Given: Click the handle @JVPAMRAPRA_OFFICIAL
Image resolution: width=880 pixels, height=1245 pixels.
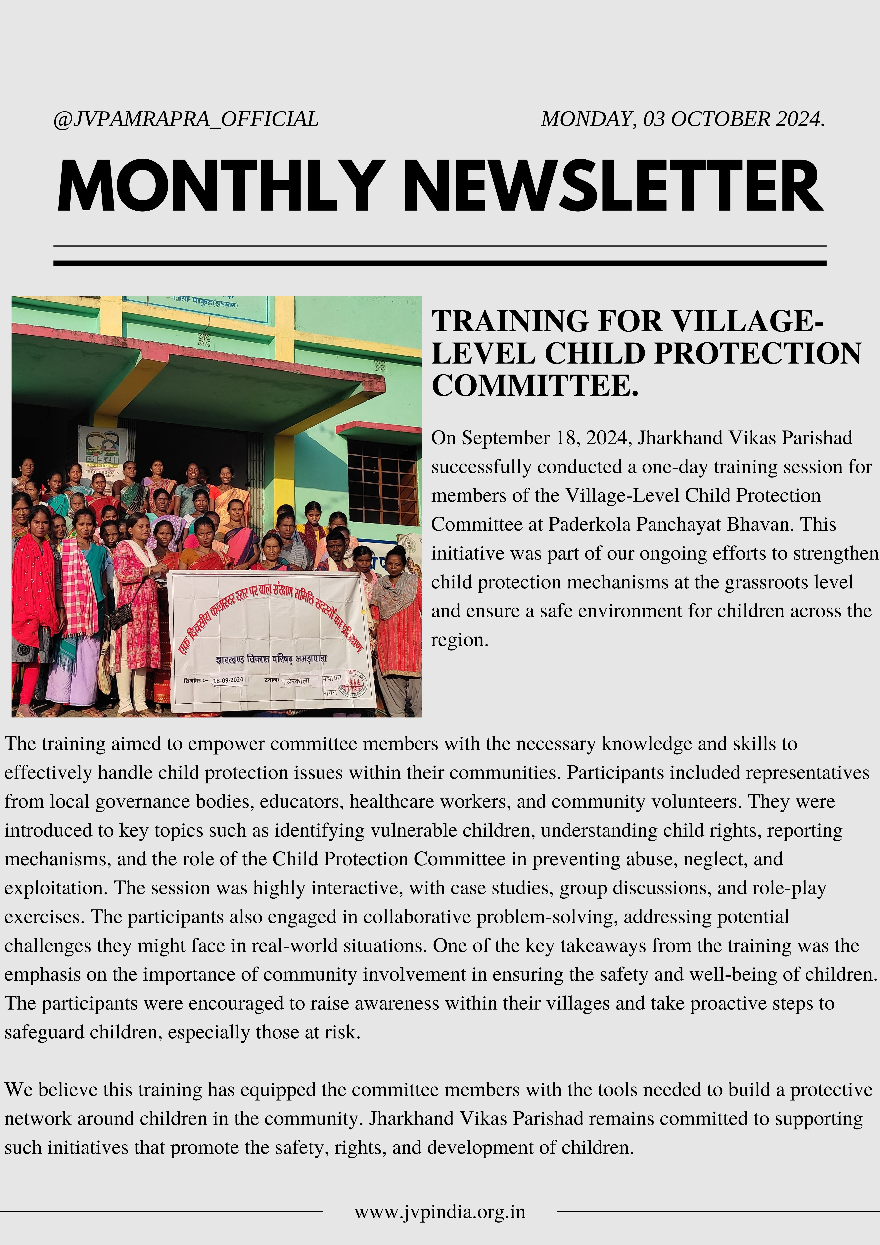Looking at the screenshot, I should click(186, 119).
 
